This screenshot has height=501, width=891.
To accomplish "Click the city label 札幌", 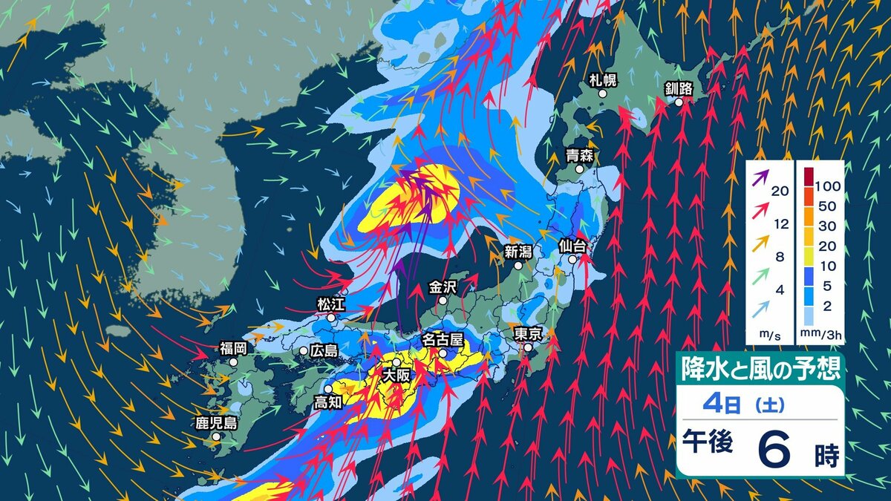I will [x=603, y=80].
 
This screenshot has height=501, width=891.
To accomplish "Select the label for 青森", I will [x=578, y=156].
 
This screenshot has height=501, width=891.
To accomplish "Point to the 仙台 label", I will [x=572, y=246].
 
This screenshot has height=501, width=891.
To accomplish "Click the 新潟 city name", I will [x=518, y=252].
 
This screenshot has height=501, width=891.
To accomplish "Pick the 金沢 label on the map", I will [x=443, y=287].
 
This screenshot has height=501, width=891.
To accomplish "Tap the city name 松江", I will [x=330, y=304].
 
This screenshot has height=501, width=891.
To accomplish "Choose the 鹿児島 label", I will [x=216, y=423].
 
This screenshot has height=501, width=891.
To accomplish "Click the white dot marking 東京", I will [x=528, y=347].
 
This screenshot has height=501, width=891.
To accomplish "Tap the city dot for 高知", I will [x=329, y=388].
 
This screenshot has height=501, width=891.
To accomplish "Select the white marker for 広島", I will [x=304, y=350].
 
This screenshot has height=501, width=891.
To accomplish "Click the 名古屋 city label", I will [x=443, y=339].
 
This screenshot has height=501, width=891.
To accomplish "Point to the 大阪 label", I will [x=396, y=376].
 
